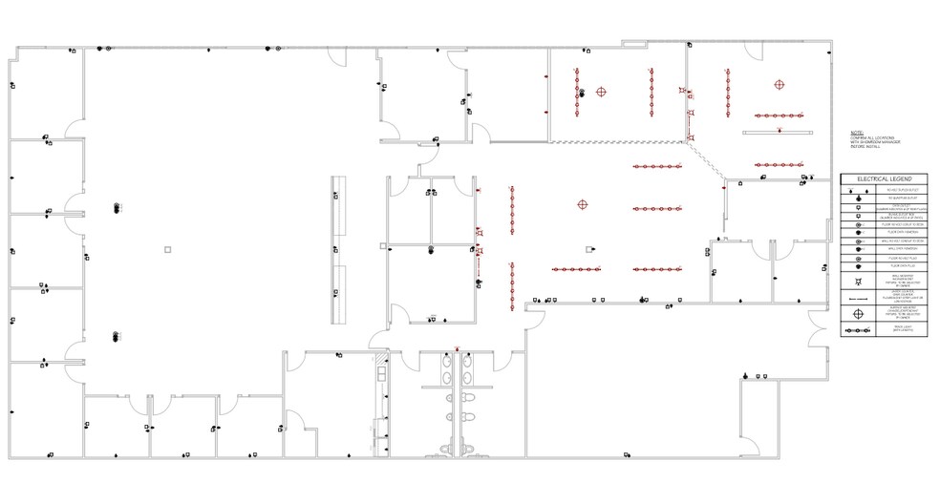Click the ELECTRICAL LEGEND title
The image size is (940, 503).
pos(884,179)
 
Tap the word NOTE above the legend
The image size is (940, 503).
pos(856,133)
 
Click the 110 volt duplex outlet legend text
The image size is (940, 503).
pos(893,190)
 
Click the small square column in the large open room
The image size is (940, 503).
pos(167,249)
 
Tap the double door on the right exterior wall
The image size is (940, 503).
pos(815,329)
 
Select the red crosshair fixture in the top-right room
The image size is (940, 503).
pos(779,84)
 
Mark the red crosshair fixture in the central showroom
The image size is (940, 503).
pos(582,204)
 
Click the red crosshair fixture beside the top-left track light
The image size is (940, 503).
pos(601,93)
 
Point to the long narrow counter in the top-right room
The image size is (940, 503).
pos(778,132)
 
